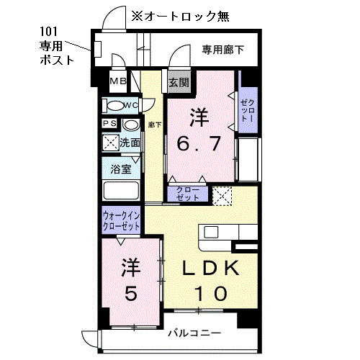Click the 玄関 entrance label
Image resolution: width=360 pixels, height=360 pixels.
tap(178, 83)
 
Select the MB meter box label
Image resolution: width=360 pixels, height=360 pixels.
tap(118, 82)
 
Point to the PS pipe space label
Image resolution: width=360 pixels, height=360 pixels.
tap(109, 124)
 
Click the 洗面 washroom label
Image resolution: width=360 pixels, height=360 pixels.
tap(129, 143)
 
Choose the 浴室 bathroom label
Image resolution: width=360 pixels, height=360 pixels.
tap(121, 170)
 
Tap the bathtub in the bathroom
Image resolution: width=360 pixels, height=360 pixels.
tap(121, 191)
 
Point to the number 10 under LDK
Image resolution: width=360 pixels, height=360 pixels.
tap(210, 293)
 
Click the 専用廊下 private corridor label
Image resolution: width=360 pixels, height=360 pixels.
tap(222, 50)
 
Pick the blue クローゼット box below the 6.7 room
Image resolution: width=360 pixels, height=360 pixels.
tap(187, 194)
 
